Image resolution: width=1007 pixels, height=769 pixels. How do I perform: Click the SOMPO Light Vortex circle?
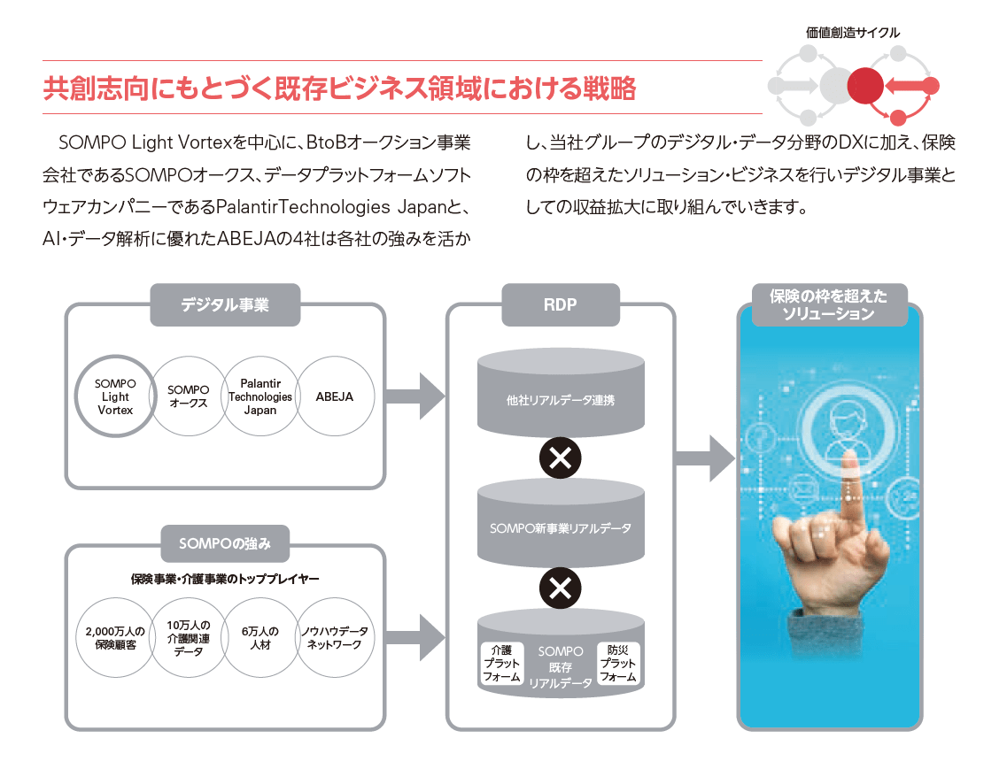(x=115, y=396)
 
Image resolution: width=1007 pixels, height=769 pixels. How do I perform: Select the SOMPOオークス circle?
(x=188, y=396)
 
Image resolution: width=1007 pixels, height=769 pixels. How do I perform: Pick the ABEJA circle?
(x=334, y=396)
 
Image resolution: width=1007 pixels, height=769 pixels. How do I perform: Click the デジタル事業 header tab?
(x=225, y=305)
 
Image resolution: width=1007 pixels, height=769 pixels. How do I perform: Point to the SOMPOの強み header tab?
(x=224, y=543)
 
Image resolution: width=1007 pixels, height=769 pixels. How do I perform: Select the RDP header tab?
(x=560, y=305)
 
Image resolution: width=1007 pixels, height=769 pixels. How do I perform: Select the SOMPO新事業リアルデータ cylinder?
(x=560, y=528)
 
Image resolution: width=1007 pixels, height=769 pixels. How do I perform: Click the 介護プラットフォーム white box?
(x=502, y=663)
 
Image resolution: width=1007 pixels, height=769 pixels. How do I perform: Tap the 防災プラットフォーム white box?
(x=617, y=663)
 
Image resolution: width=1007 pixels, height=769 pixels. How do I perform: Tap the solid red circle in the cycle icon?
(x=864, y=86)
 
